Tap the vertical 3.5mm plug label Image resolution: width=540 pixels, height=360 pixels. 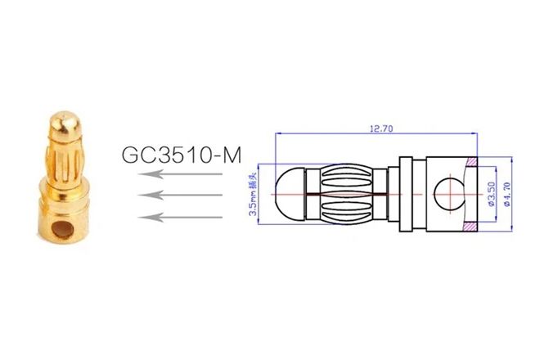(254, 194)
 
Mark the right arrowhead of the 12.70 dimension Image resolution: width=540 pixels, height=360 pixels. (478, 133)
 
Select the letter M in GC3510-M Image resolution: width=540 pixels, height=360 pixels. (240, 154)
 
